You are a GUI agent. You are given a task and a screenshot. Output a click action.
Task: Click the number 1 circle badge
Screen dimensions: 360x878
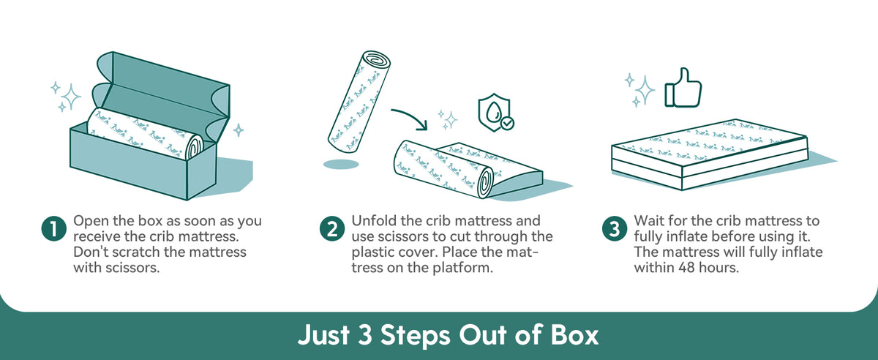[54, 228]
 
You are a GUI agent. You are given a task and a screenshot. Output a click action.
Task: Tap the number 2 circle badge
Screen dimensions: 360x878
[332, 228]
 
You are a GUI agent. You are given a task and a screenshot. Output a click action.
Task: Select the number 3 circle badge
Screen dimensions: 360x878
[614, 228]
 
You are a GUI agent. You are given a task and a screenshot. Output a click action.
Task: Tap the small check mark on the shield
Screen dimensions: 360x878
[506, 124]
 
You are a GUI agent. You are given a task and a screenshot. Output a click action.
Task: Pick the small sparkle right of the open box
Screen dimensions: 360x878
[238, 130]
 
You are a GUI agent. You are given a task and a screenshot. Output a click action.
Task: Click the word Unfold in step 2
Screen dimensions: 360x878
[373, 220]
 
